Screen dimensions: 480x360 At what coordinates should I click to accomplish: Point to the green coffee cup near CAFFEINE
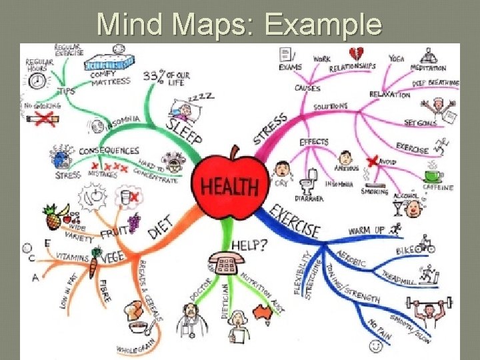click(x=433, y=175)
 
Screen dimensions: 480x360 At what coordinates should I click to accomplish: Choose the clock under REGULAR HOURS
click(x=39, y=81)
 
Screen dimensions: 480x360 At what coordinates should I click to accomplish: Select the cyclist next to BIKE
click(x=425, y=245)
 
